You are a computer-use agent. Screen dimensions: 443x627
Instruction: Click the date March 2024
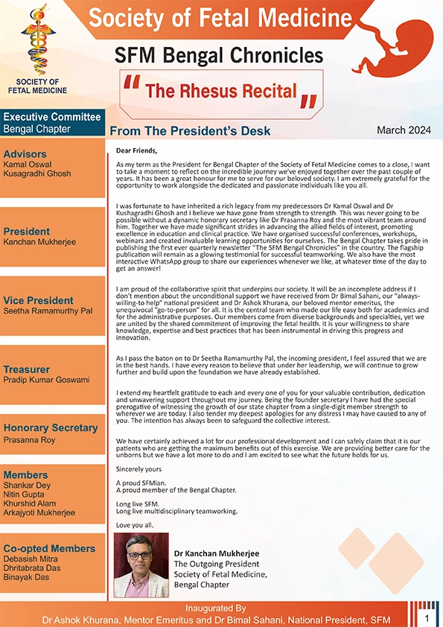tap(404, 130)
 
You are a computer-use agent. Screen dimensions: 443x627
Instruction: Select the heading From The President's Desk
tap(190, 131)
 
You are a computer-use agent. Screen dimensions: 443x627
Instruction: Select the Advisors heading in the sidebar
tap(25, 153)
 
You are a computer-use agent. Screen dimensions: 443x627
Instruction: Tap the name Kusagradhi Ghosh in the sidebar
tap(37, 174)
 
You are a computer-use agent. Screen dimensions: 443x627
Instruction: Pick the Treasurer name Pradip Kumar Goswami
tap(46, 380)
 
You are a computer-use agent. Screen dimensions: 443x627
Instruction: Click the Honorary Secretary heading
tap(51, 427)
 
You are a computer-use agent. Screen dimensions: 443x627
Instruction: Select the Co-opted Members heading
tap(49, 548)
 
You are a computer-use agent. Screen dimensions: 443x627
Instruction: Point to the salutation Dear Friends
tap(137, 150)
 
